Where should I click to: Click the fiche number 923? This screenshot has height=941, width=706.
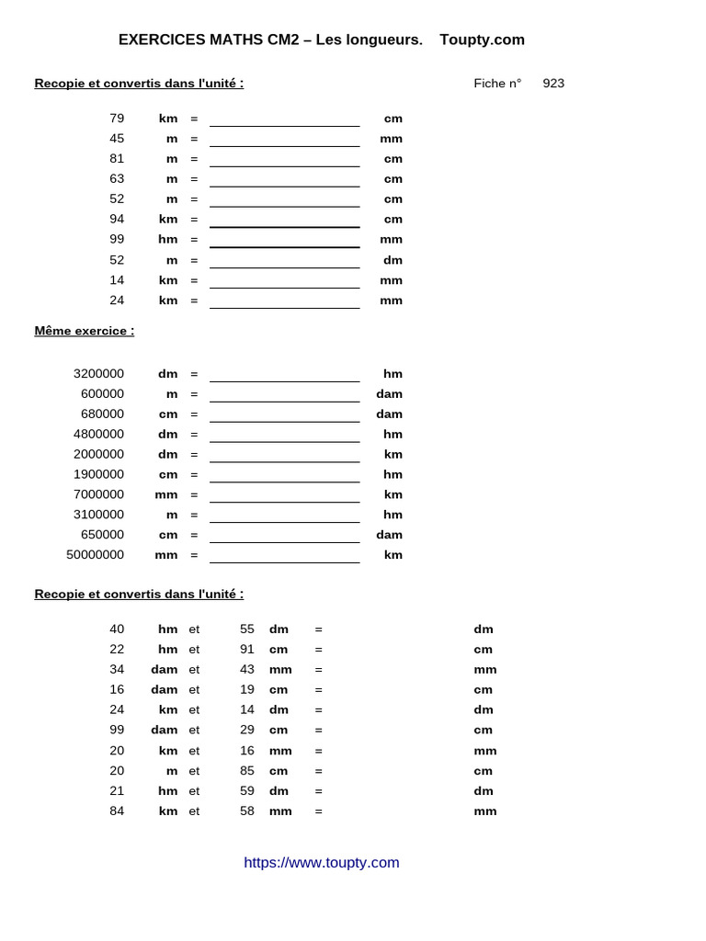pos(553,84)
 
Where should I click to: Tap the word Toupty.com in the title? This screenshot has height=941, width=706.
pos(482,40)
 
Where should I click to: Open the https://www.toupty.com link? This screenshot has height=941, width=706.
pos(322,862)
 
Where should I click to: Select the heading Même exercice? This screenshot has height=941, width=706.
pos(85,331)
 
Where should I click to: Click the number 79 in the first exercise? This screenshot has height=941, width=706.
pos(117,119)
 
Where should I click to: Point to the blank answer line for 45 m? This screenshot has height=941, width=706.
pos(284,140)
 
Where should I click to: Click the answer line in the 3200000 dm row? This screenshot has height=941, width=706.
pos(284,375)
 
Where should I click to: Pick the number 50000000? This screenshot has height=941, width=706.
pos(96,555)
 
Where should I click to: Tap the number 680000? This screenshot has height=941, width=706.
pos(102,414)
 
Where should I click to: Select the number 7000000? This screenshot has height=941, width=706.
pos(99,494)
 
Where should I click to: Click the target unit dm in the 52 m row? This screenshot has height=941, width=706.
pos(393,260)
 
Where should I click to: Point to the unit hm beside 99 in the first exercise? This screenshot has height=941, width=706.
pos(167,239)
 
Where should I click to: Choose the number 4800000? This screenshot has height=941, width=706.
pos(99,435)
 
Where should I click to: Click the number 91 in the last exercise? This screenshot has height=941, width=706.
pos(247,650)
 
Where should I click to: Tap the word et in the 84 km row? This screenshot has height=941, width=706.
pos(194,811)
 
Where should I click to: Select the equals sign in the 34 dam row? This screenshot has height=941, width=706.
pos(318,670)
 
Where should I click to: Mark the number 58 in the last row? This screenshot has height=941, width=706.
pos(247,811)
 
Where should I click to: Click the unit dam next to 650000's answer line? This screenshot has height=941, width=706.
pos(389,535)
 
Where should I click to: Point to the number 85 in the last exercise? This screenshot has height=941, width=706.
pos(247,771)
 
